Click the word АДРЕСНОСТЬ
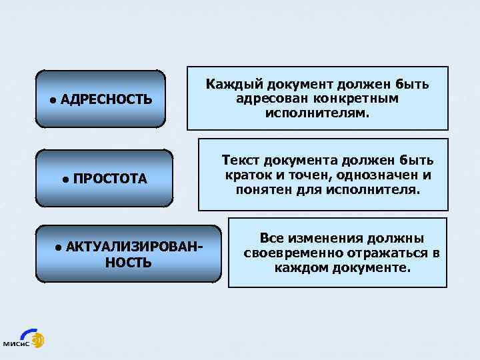(106, 100)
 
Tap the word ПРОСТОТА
(110, 179)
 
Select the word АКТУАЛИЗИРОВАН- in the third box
(134, 247)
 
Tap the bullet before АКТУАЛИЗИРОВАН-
(59, 247)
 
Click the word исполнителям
(317, 113)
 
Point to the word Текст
(241, 161)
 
